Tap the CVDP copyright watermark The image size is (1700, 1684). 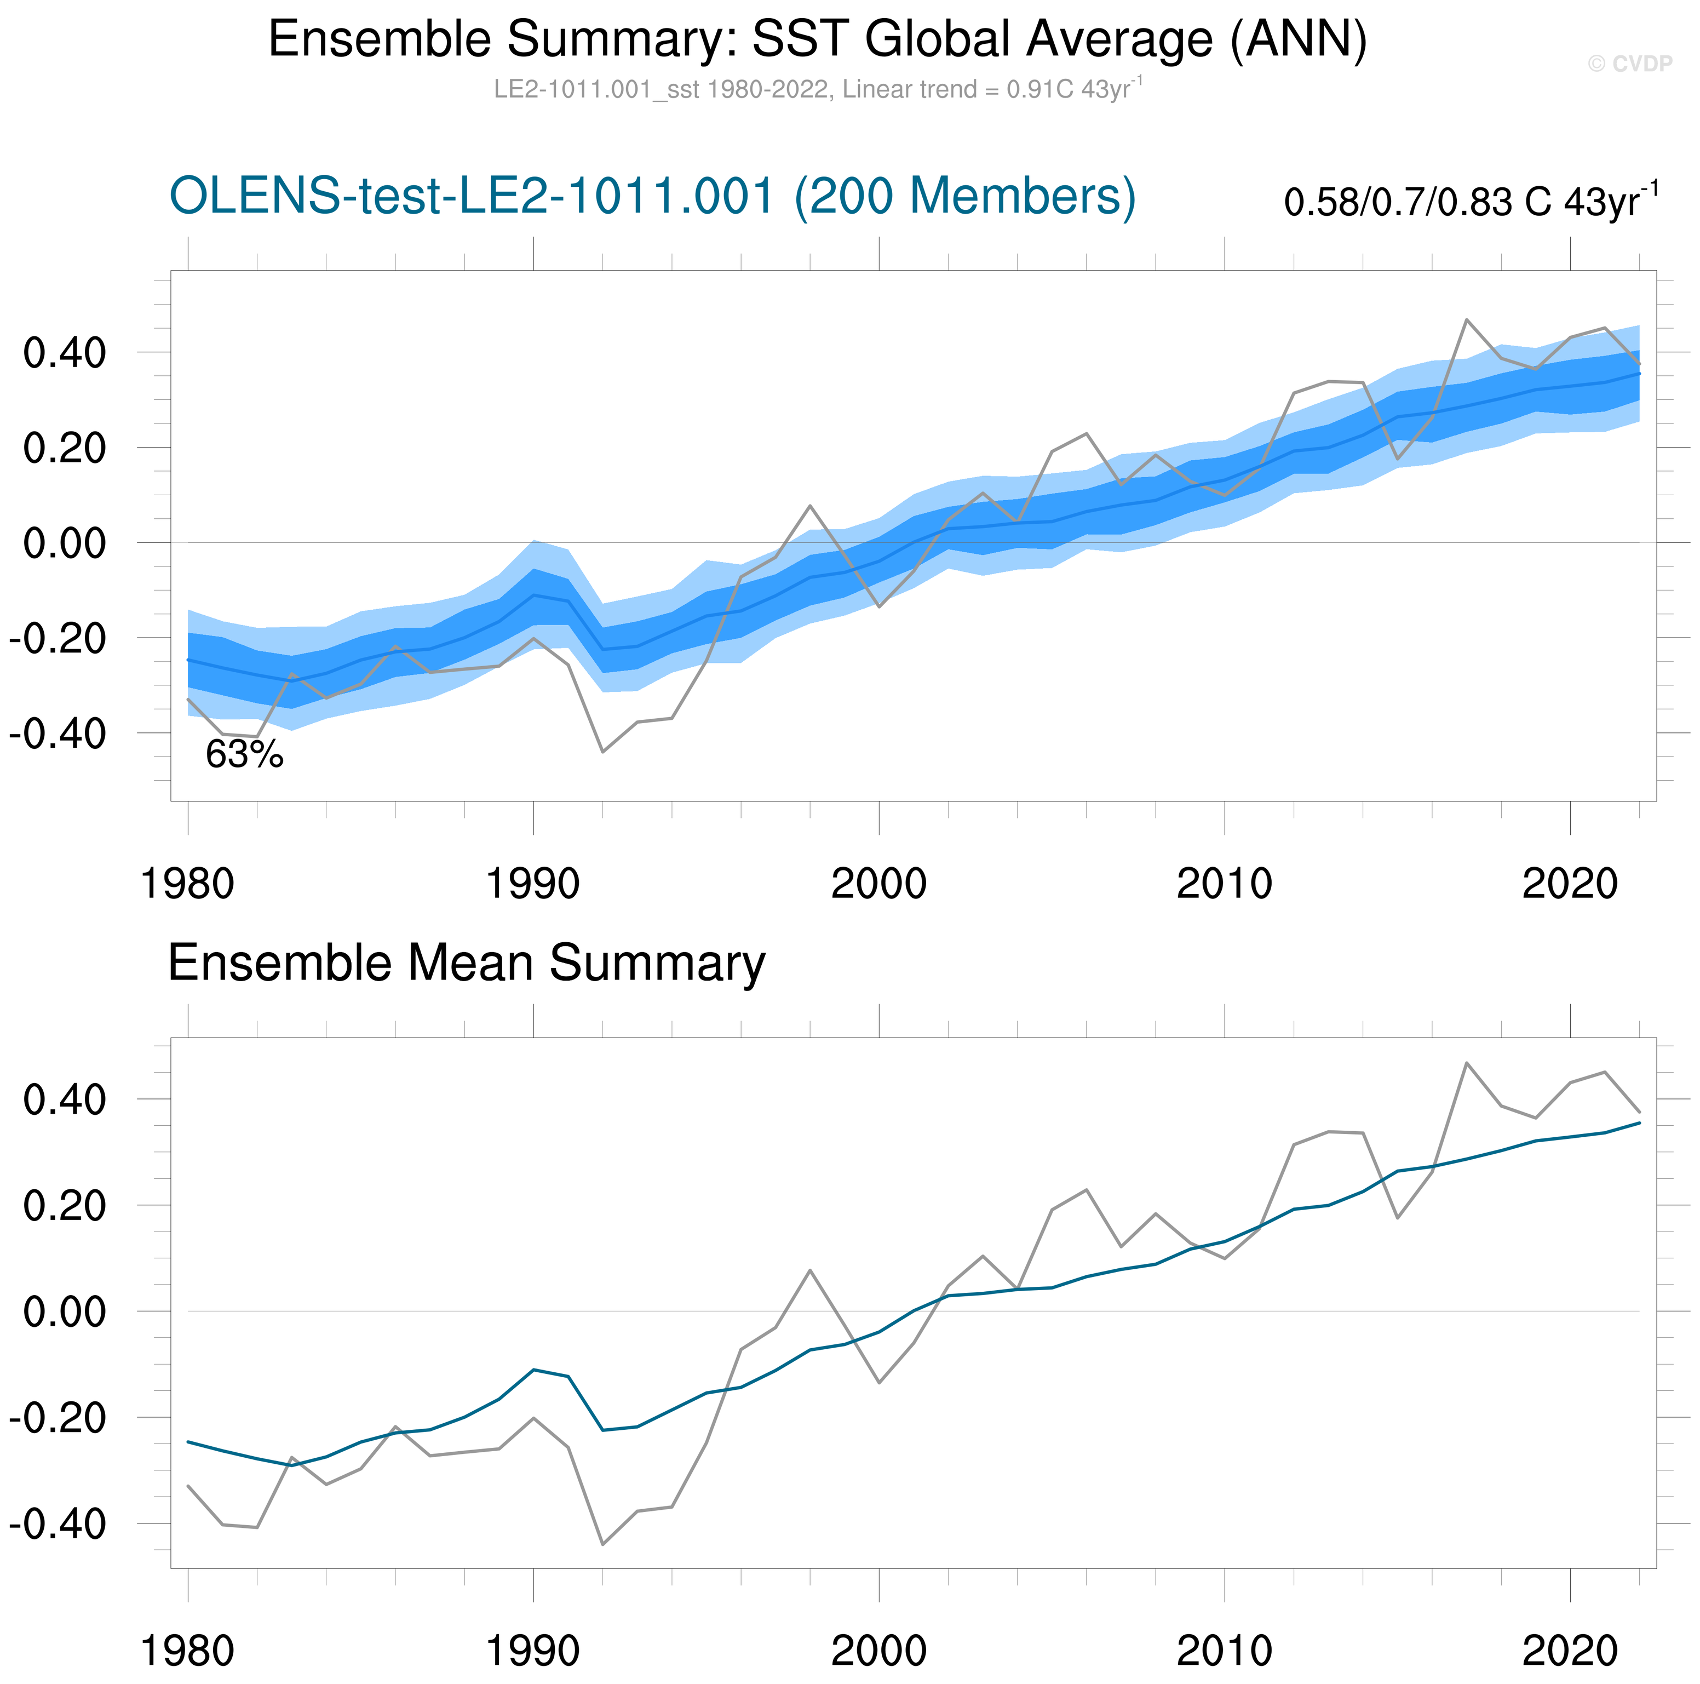1629,64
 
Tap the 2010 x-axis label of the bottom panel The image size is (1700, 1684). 1224,1651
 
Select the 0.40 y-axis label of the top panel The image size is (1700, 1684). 64,353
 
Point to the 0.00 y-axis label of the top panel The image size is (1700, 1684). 64,543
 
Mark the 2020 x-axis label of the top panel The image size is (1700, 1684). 1570,883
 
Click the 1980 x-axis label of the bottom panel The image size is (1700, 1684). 187,1651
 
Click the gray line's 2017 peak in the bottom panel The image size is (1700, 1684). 1466,1063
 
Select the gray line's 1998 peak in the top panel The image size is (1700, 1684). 809,506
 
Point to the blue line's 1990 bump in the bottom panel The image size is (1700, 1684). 533,1370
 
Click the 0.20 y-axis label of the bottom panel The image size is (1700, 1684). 64,1206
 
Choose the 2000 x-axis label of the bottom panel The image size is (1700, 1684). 878,1651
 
